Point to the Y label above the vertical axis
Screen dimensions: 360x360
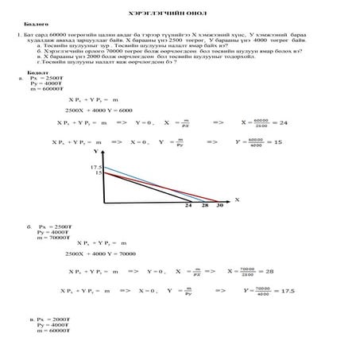point(95,149)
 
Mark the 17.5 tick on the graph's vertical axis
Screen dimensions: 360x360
point(98,166)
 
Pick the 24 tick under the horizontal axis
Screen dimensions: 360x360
point(188,204)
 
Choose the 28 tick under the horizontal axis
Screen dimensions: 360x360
point(204,204)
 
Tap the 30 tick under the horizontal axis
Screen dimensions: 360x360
point(219,204)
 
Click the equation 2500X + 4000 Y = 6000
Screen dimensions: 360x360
point(99,110)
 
